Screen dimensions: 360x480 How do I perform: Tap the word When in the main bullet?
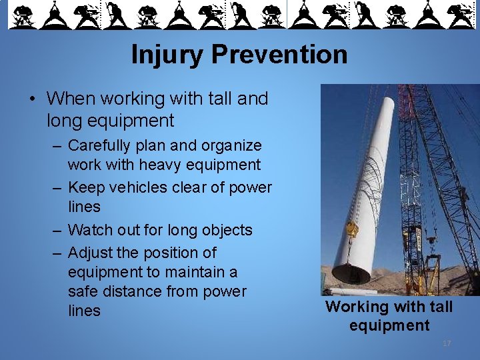click(72, 99)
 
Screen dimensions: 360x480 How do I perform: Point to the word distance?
click(135, 291)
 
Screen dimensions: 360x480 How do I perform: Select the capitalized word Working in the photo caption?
click(357, 307)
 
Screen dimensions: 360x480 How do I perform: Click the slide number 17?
click(446, 343)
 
